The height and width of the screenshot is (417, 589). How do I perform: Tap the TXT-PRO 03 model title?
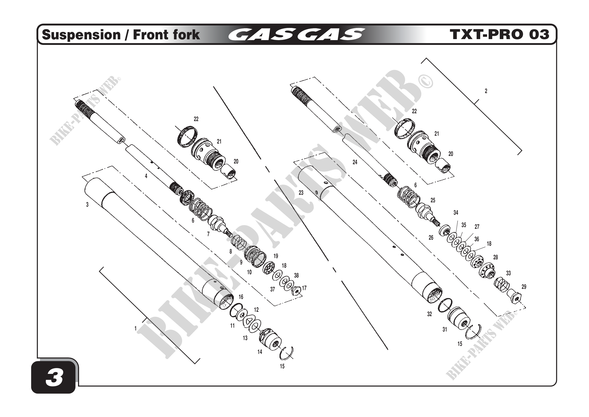[499, 35]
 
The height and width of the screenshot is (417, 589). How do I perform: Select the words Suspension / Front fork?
[121, 35]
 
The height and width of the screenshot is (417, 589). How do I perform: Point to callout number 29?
[524, 287]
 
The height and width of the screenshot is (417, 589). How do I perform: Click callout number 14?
[260, 352]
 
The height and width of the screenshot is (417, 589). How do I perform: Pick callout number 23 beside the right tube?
[301, 192]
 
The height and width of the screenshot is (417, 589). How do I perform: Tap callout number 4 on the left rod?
[146, 176]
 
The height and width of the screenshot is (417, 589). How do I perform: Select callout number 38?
[296, 275]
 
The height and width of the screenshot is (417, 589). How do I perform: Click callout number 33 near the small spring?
[508, 273]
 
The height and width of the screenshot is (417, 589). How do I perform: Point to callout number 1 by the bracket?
[135, 328]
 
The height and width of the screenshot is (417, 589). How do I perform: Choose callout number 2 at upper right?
[486, 91]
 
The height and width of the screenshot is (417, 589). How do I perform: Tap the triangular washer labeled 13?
[248, 321]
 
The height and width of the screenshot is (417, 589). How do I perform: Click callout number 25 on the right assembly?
[433, 200]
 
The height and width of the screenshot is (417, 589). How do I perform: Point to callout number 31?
[445, 329]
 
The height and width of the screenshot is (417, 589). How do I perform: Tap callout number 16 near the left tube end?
[241, 297]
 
